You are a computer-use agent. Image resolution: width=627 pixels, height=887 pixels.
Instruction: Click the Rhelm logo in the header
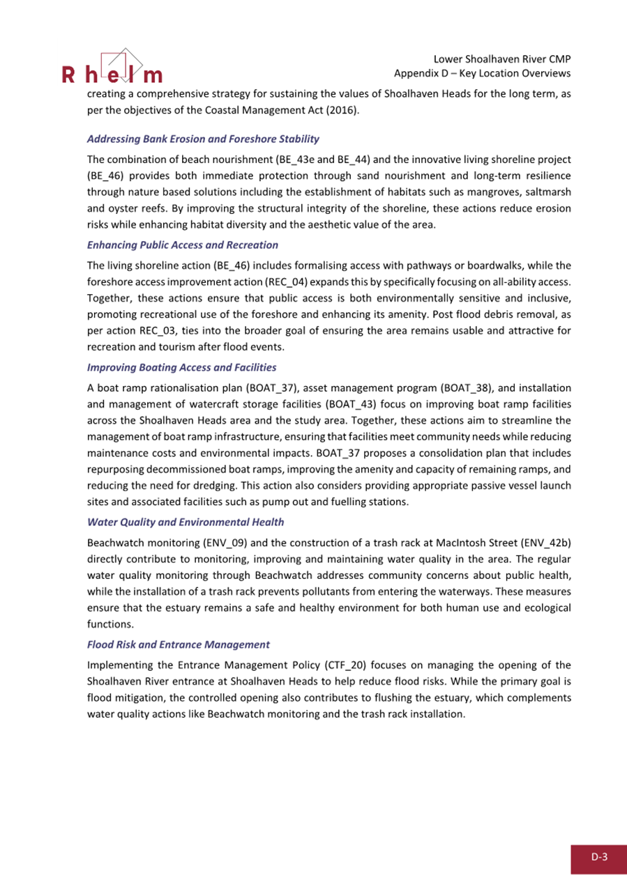click(x=112, y=68)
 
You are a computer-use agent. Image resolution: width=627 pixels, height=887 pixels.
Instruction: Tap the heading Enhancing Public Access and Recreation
click(x=183, y=245)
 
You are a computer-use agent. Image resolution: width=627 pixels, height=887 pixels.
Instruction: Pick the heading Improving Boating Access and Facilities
click(x=182, y=367)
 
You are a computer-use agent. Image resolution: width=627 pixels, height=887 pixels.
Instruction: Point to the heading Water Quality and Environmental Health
click(x=185, y=521)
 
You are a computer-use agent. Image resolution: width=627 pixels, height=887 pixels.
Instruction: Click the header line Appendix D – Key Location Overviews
click(x=483, y=74)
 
